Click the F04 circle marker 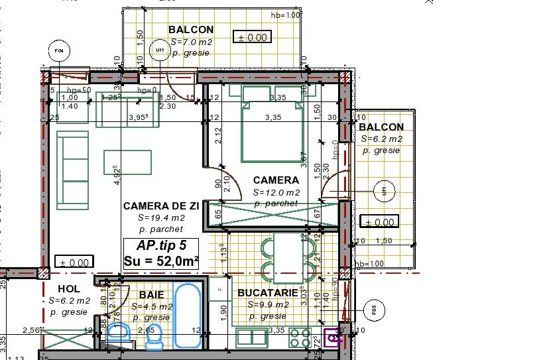tap(59, 50)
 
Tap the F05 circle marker tap(375, 308)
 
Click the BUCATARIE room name tap(267, 293)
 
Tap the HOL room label tap(69, 289)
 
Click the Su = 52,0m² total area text tap(161, 261)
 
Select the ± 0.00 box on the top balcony tap(252, 38)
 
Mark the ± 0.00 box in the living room tap(72, 263)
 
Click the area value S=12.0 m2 tap(276, 192)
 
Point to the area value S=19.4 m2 tap(161, 217)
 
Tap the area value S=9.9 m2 tap(268, 305)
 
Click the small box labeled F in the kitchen tap(219, 289)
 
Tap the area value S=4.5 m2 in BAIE tap(152, 307)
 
